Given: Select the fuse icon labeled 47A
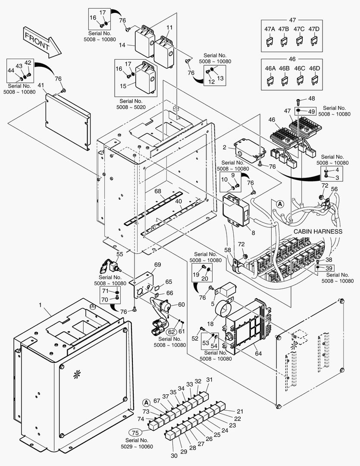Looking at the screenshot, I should (x=270, y=41).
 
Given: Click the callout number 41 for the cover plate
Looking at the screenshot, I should (x=41, y=85).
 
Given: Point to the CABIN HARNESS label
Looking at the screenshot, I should (x=318, y=232).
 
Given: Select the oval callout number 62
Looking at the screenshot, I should (x=171, y=332).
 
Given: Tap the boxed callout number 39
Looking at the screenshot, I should (x=329, y=268).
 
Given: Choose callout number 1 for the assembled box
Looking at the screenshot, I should (x=40, y=305).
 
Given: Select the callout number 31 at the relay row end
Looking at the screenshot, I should (x=210, y=380).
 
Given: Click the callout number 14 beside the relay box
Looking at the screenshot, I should (x=122, y=45).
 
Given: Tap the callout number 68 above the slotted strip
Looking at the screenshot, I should (x=158, y=191).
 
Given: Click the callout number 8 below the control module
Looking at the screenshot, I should (x=253, y=233).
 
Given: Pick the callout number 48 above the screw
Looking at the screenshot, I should (x=311, y=98).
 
